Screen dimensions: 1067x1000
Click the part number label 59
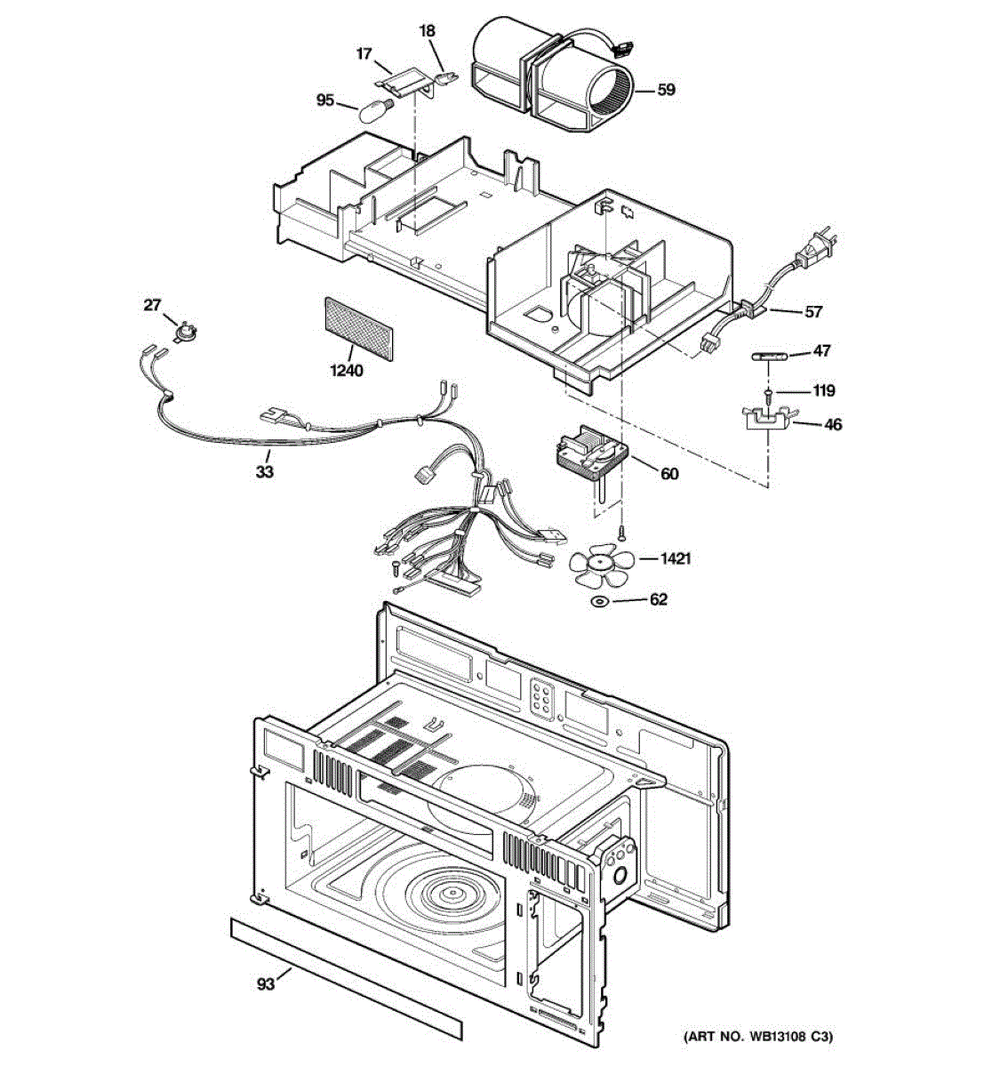tap(667, 89)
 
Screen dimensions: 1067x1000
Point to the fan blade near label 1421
tap(602, 563)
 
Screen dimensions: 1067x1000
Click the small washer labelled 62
tap(600, 604)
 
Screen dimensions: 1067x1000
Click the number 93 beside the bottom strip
tap(266, 983)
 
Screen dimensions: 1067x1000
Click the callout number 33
tap(264, 472)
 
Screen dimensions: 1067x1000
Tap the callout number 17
tap(364, 54)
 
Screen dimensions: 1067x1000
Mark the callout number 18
tap(428, 31)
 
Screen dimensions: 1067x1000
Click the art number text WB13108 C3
tap(757, 1037)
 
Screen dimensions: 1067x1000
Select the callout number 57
tap(813, 311)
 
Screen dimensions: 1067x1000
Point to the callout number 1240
tap(347, 371)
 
